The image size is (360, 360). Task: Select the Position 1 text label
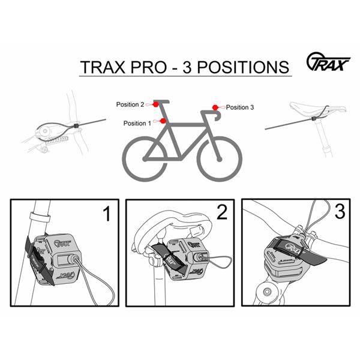click(x=137, y=123)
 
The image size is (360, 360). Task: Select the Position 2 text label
click(x=130, y=104)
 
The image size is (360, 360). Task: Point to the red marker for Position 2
click(x=155, y=104)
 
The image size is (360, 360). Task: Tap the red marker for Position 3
click(x=214, y=107)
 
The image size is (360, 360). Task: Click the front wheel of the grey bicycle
click(x=220, y=158)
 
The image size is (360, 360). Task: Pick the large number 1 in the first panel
click(x=107, y=215)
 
